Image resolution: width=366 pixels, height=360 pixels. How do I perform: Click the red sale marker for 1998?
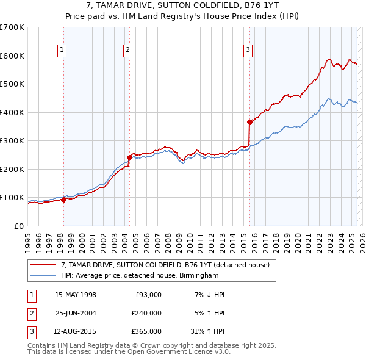[64, 200]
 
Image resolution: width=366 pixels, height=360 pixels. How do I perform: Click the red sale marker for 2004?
[129, 157]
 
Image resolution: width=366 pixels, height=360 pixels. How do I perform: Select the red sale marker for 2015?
[249, 122]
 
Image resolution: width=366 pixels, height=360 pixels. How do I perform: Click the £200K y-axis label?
[12, 169]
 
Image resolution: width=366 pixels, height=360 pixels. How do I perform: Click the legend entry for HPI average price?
[140, 276]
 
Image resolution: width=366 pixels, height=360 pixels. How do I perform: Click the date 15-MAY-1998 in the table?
[76, 295]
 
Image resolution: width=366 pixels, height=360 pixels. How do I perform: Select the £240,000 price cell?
[146, 313]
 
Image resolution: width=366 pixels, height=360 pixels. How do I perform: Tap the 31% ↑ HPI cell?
[207, 331]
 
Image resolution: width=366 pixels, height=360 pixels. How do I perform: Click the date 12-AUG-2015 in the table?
[76, 331]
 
